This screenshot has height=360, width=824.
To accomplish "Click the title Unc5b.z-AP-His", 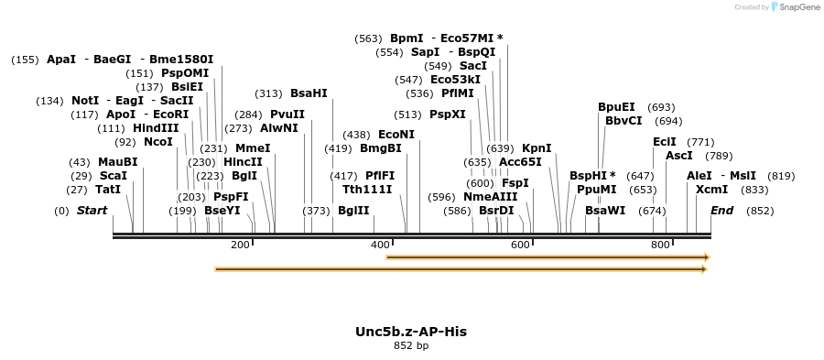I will point(411,332).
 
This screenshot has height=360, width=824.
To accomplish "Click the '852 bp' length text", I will point(411,346).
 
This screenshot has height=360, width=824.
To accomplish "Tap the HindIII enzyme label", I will point(156,128).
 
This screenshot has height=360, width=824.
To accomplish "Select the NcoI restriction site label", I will point(157,142).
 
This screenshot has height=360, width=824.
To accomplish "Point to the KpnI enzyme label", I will point(537,148).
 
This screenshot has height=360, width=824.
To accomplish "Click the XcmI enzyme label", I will point(712,190).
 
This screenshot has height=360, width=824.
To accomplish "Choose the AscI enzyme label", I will point(679,156).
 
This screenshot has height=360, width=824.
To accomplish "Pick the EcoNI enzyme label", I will point(396,135).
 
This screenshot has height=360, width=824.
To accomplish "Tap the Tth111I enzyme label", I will point(367,190).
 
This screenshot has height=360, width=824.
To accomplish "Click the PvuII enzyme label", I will point(287,115).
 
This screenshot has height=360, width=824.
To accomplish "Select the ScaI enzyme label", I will point(114,176).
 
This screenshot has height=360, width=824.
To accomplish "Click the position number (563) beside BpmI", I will point(368,38).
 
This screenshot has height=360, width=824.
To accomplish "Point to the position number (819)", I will point(781,176).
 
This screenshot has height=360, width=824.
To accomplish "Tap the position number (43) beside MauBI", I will point(81,162).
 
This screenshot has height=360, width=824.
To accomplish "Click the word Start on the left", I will point(92,211).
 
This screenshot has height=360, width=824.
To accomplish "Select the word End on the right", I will point(721,211).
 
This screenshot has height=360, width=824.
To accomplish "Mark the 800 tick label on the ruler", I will point(660,245).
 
